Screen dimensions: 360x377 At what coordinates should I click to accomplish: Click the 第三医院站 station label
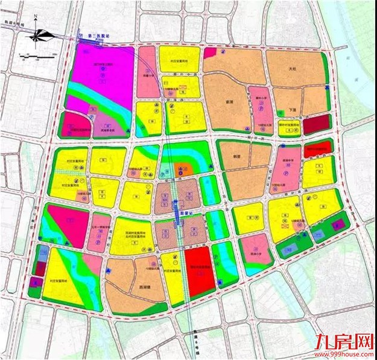[100, 37]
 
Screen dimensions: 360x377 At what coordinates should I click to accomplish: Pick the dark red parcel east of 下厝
[317, 125]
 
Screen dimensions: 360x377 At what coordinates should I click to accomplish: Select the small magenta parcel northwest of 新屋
[209, 53]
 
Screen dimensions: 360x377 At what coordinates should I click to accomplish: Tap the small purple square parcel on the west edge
[34, 282]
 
